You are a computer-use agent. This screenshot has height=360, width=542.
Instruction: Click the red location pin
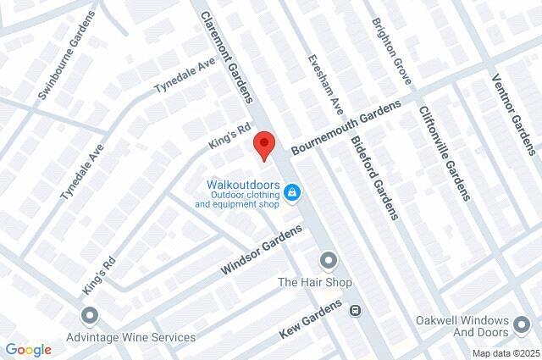(x=265, y=147)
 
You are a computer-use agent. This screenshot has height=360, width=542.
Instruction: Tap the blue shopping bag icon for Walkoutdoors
(x=292, y=194)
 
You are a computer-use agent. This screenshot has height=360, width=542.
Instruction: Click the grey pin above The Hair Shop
(x=328, y=259)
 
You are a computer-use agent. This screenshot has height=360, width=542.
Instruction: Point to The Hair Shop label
(x=314, y=282)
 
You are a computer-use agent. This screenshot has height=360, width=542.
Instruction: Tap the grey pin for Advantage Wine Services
(x=90, y=317)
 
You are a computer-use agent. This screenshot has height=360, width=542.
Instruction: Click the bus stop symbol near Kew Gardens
(x=356, y=309)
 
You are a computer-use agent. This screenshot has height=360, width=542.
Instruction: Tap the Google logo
(x=29, y=350)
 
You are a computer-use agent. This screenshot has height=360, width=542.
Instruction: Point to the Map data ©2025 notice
(x=505, y=353)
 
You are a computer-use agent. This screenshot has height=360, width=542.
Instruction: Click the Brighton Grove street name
(x=391, y=50)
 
